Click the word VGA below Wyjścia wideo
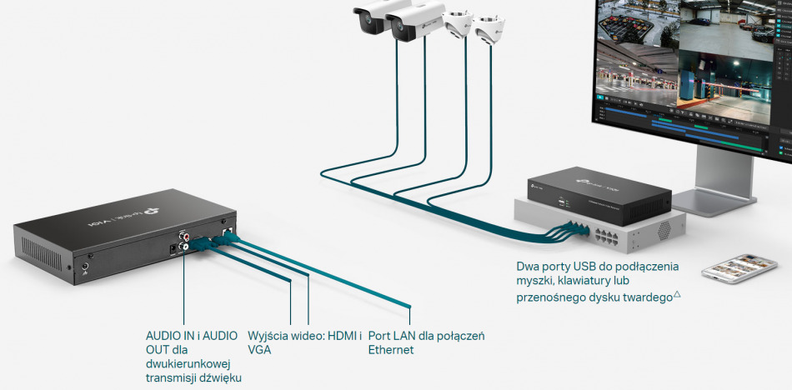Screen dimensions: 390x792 pyautogui.click(x=259, y=350)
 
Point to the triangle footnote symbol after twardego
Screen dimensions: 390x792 pyautogui.click(x=677, y=294)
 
